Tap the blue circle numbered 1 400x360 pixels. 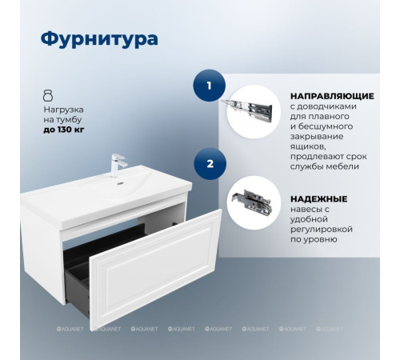210,85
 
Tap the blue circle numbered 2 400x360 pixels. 210,164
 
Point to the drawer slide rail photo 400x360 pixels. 253,107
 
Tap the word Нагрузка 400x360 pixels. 64,107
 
